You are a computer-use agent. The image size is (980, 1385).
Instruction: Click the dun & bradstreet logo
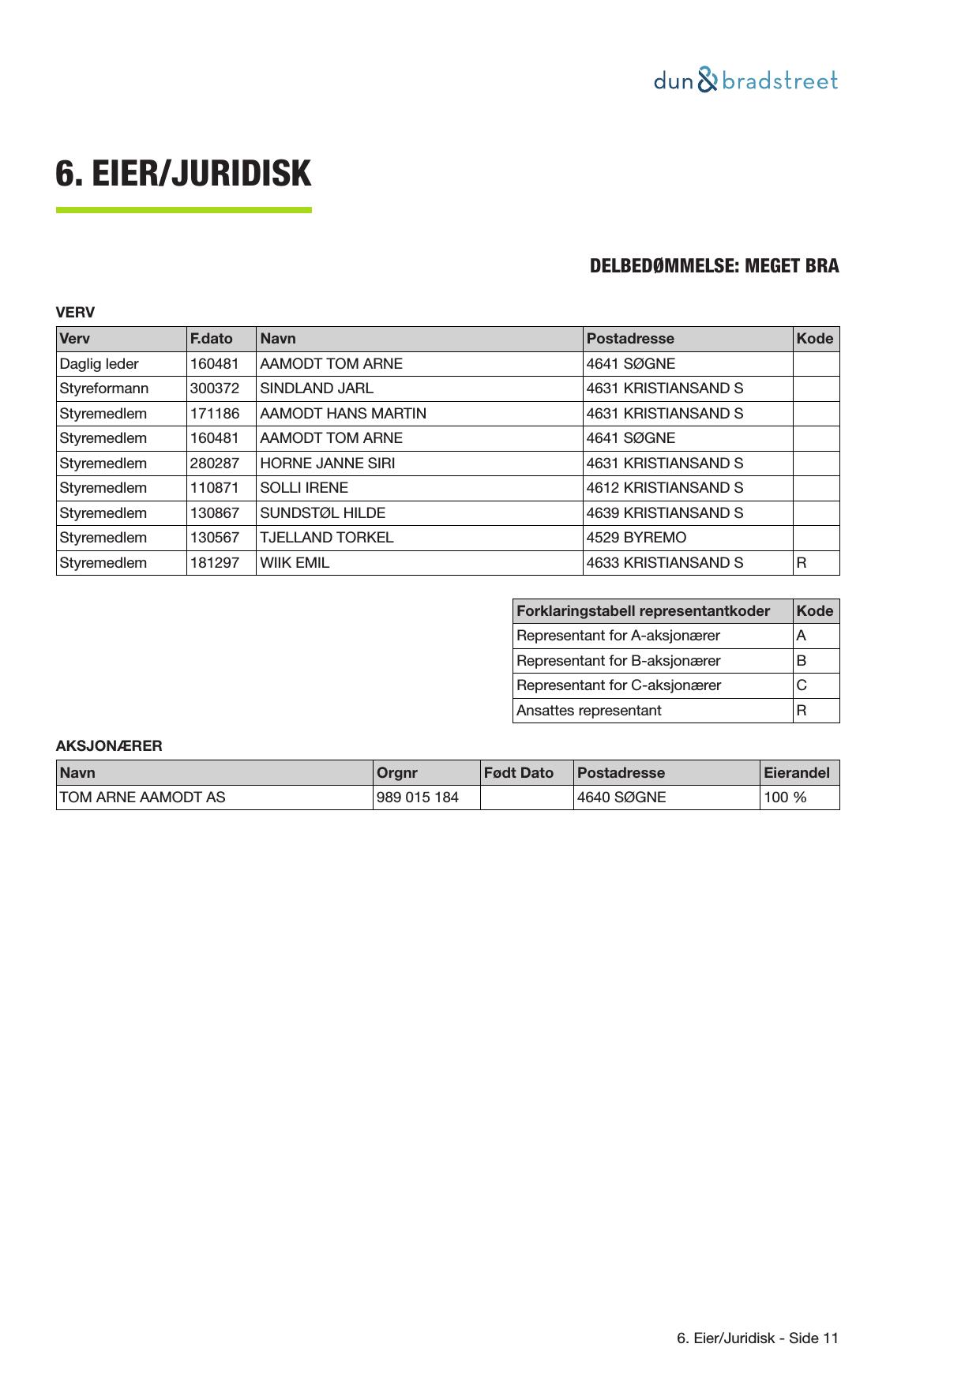tap(745, 81)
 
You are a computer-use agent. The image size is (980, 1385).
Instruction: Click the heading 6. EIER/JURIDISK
tap(183, 174)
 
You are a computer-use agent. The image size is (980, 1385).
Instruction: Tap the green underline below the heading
tap(183, 210)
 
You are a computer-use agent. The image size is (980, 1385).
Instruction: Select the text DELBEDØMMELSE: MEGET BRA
tap(714, 266)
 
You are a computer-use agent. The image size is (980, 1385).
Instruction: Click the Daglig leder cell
tap(100, 364)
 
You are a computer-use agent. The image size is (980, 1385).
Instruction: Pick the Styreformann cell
tap(104, 388)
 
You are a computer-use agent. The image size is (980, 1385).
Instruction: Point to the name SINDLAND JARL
tap(317, 388)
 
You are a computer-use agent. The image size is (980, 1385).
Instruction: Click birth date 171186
tap(215, 414)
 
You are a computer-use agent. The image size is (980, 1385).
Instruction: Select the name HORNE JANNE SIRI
tap(328, 464)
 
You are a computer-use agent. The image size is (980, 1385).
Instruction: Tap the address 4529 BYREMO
tap(636, 538)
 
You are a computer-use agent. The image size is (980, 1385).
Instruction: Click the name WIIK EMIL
tap(295, 563)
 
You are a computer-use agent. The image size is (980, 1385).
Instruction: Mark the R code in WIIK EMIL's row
tap(802, 563)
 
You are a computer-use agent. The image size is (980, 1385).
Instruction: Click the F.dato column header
tap(212, 339)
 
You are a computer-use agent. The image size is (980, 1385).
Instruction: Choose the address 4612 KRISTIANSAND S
tap(664, 488)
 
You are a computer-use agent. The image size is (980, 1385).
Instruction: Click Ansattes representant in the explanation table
tap(589, 711)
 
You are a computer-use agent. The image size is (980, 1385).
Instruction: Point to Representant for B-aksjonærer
tap(618, 661)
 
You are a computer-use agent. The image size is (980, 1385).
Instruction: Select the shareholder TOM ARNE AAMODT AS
tap(143, 798)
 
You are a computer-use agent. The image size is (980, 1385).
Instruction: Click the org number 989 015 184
tap(418, 798)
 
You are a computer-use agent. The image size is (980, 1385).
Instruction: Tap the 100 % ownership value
tap(785, 798)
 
